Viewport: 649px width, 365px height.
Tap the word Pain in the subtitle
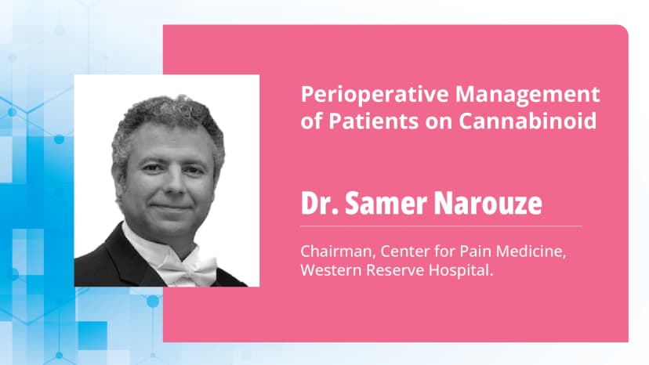tap(459, 252)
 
